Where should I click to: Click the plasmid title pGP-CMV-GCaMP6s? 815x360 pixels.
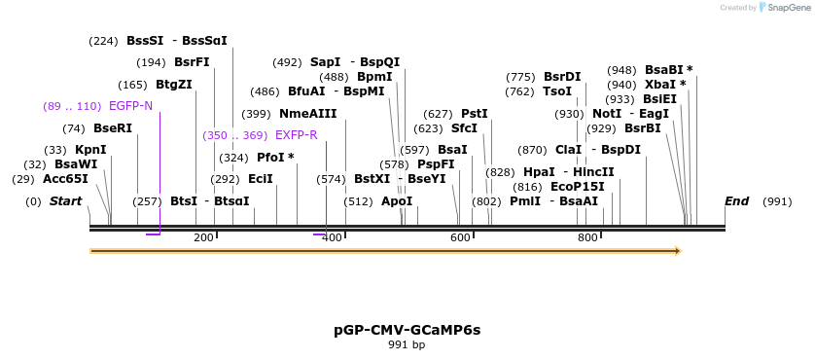tap(407, 330)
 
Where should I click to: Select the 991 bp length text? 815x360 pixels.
tap(407, 345)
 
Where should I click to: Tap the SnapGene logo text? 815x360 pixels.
tap(789, 8)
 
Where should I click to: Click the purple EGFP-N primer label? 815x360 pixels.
tap(130, 106)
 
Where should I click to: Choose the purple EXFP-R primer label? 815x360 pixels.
tap(296, 135)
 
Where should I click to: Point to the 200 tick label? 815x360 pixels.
tap(203, 237)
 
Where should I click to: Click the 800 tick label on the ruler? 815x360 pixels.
tap(587, 237)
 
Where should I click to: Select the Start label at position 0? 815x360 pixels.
tap(65, 201)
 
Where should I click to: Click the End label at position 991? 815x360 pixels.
tap(736, 201)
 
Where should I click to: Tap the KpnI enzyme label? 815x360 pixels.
tap(90, 150)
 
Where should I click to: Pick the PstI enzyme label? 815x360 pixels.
tap(475, 114)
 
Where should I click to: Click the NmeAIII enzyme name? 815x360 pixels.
tap(307, 114)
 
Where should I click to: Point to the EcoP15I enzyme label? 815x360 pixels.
tap(578, 187)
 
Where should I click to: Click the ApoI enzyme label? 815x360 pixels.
tap(397, 201)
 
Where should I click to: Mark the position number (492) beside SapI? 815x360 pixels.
tap(287, 62)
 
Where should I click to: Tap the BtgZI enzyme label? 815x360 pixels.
tap(174, 85)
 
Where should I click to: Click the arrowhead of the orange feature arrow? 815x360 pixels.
tap(678, 251)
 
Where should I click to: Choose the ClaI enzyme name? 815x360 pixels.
tap(568, 150)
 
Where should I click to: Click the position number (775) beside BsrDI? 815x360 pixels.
tap(520, 77)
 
